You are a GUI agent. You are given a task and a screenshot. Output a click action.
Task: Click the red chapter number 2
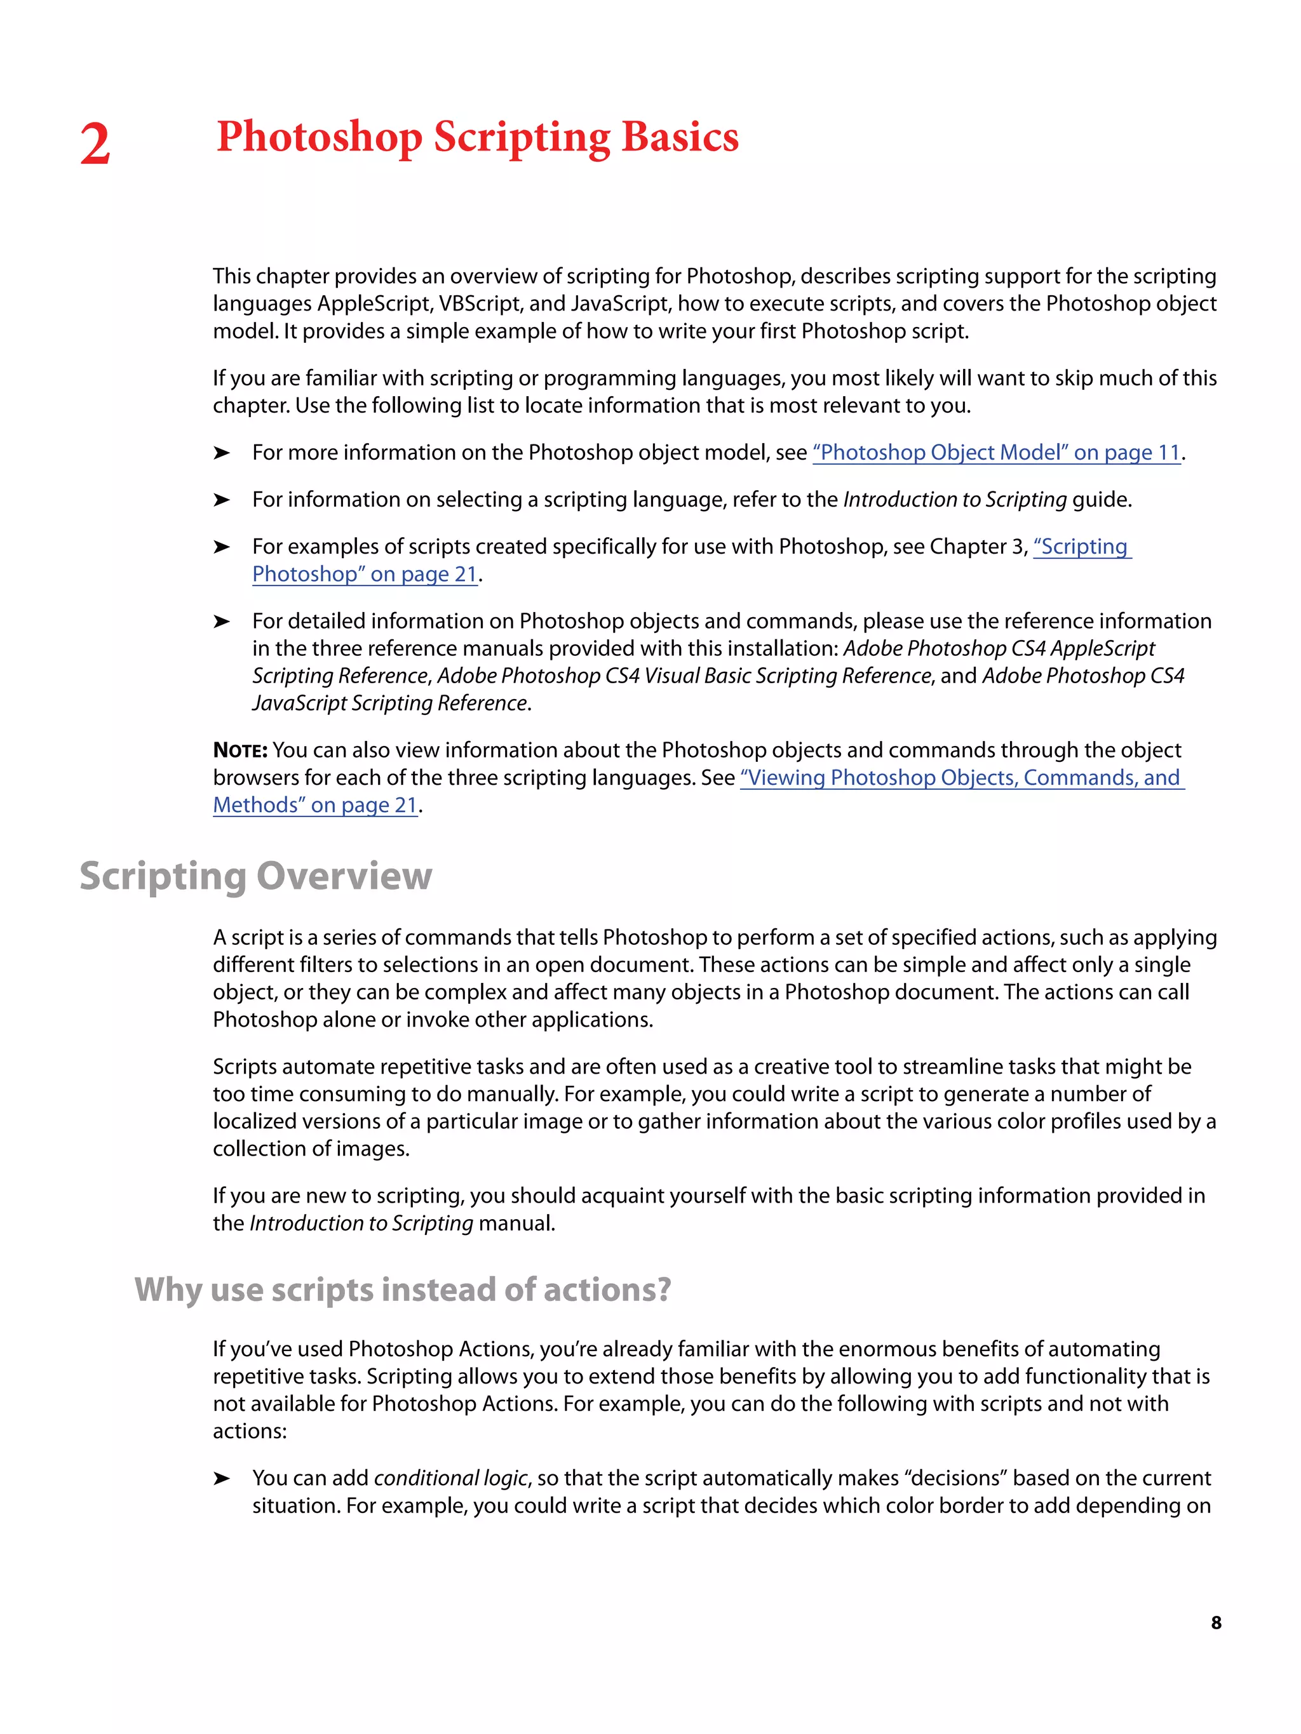pyautogui.click(x=95, y=145)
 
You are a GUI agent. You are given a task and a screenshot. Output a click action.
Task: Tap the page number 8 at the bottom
pyautogui.click(x=1215, y=1623)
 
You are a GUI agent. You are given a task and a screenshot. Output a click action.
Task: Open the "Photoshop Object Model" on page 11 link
pyautogui.click(x=996, y=453)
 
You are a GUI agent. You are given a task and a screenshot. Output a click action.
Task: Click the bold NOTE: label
pyautogui.click(x=240, y=751)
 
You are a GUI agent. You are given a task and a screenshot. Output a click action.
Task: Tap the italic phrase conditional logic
pyautogui.click(x=451, y=1479)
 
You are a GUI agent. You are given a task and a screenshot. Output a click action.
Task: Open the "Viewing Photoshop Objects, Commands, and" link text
pyautogui.click(x=961, y=778)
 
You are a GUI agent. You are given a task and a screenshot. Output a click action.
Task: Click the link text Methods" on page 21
pyautogui.click(x=315, y=805)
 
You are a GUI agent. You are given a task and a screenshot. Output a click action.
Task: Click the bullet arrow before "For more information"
pyautogui.click(x=222, y=453)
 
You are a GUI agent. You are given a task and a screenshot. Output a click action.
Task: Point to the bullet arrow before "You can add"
pyautogui.click(x=222, y=1479)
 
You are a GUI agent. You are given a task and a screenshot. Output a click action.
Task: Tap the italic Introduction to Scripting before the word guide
pyautogui.click(x=954, y=500)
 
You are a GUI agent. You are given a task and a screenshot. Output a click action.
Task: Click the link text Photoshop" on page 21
pyautogui.click(x=365, y=575)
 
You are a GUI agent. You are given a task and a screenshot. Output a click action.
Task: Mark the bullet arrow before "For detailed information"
pyautogui.click(x=222, y=622)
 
